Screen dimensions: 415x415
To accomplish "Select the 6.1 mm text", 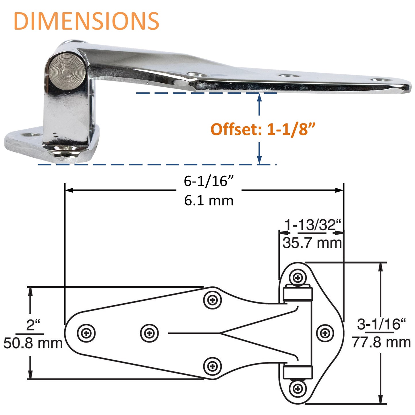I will [209, 200].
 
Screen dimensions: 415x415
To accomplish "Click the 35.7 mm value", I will [312, 243].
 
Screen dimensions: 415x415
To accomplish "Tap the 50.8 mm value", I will [33, 343].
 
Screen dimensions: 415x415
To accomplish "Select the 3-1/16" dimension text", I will [381, 324].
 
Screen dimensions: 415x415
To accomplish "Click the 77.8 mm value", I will [381, 342].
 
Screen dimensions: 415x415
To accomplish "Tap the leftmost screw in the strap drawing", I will [86, 333].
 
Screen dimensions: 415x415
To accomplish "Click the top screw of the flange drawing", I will [298, 278].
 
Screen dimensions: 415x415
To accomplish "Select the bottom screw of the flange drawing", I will [298, 389].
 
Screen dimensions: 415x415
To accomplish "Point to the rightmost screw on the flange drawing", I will [325, 333].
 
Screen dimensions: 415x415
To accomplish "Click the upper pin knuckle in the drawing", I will [298, 294].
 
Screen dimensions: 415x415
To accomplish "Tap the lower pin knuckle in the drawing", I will [298, 372].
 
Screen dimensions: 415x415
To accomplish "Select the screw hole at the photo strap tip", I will [382, 80].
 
